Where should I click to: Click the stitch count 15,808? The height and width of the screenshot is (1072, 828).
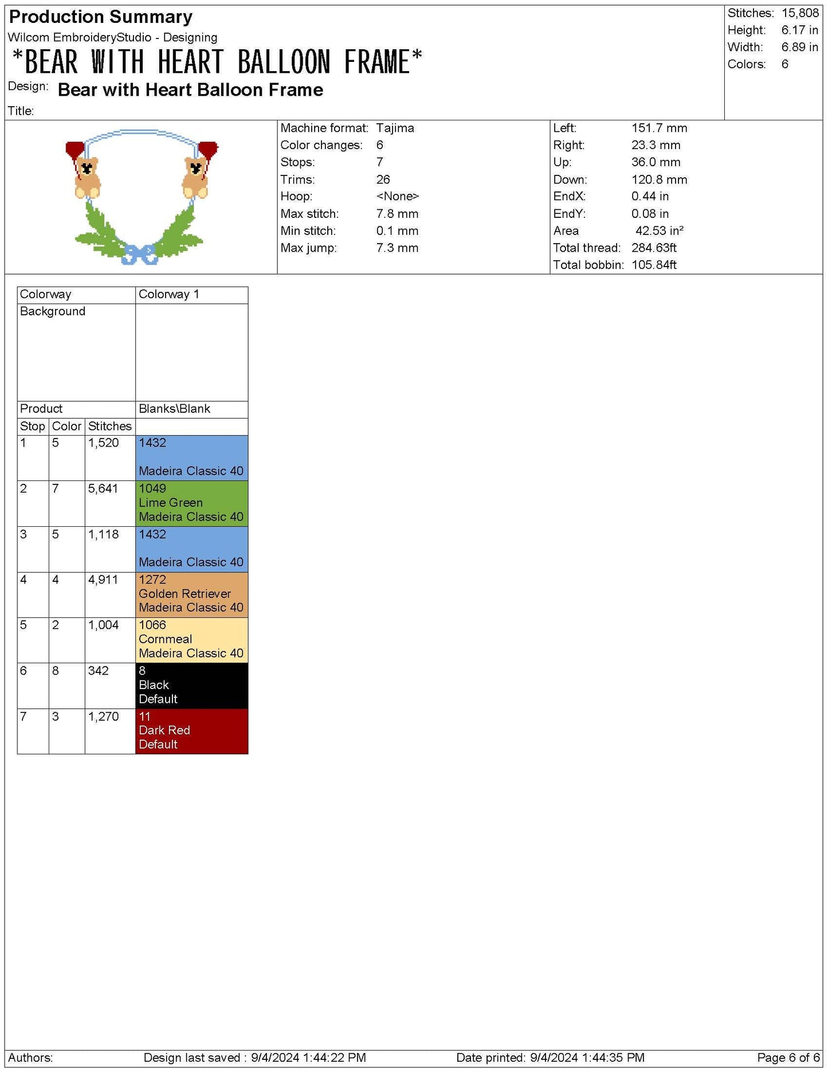(x=800, y=13)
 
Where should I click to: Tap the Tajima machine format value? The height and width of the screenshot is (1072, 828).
(x=395, y=128)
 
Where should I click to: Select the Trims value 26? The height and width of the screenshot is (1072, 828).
(x=383, y=179)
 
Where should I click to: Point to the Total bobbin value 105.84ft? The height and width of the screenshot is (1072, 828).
(x=654, y=265)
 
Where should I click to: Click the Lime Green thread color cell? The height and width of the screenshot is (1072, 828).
(x=191, y=503)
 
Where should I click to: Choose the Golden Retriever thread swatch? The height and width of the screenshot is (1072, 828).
(x=191, y=594)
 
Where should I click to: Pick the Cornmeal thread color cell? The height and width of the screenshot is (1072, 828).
(x=191, y=639)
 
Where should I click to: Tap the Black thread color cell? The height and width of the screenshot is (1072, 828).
(x=191, y=685)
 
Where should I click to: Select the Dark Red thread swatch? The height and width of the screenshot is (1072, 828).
(x=191, y=730)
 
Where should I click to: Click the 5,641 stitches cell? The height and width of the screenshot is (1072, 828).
(x=103, y=488)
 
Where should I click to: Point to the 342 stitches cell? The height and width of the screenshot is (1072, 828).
(x=99, y=671)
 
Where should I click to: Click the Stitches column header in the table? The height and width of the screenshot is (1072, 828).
(x=109, y=426)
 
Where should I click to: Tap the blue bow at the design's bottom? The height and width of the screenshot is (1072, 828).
(x=139, y=255)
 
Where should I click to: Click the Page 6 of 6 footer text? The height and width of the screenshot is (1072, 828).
(x=788, y=1058)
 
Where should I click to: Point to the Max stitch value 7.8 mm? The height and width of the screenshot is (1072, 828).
(x=397, y=214)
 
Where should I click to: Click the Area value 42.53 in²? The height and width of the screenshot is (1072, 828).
(x=659, y=231)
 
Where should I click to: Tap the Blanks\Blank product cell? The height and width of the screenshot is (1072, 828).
(x=174, y=409)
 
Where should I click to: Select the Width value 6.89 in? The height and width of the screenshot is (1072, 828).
(x=799, y=47)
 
